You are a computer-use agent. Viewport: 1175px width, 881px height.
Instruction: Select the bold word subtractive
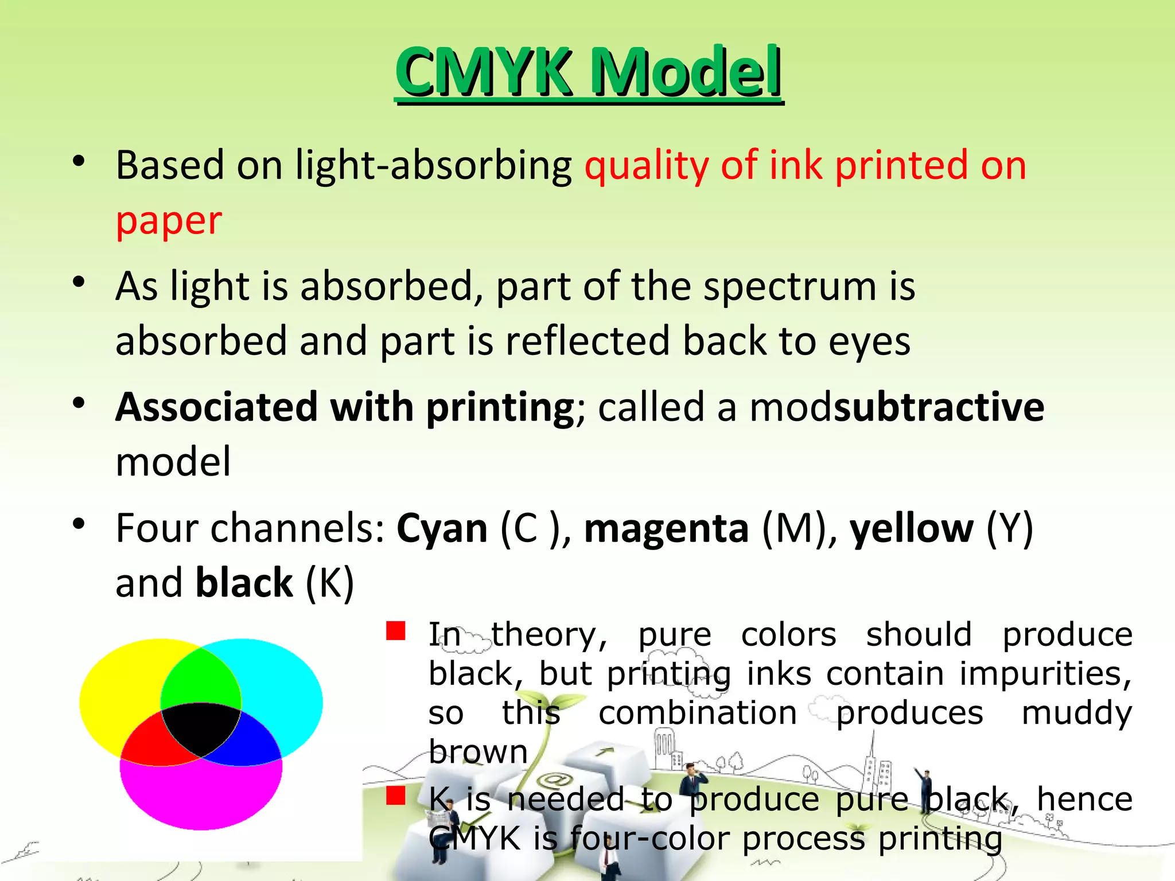point(939,407)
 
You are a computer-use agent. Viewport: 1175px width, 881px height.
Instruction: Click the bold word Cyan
point(442,528)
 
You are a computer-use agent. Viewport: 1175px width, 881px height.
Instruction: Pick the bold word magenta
point(666,528)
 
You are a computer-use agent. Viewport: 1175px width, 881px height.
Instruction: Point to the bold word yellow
point(911,528)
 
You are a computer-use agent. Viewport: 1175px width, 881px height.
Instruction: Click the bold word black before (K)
point(244,583)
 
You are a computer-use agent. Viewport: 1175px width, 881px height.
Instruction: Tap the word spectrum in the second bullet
point(790,286)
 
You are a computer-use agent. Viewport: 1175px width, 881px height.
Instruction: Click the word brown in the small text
point(478,751)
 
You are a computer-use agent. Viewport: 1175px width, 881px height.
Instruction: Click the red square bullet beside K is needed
point(396,796)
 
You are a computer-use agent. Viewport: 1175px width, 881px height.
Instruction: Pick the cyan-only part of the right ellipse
point(281,688)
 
